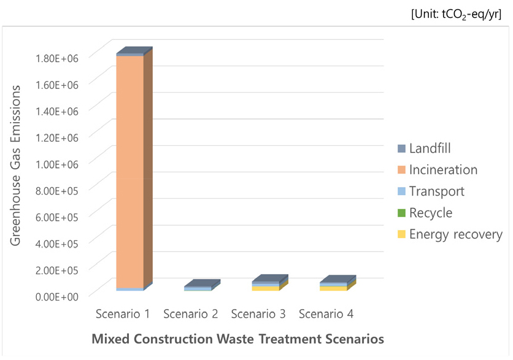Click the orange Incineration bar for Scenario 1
129,172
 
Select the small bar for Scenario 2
198,288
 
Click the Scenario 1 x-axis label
123,314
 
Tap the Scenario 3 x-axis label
258,314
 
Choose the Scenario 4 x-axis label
326,314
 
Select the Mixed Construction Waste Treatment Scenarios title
237,339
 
